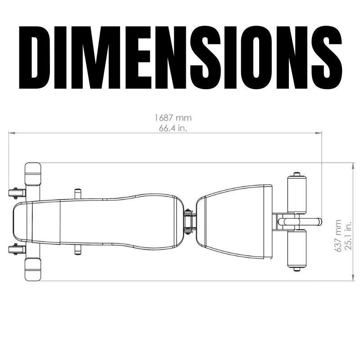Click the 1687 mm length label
tap(173, 118)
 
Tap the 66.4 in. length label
tap(173, 128)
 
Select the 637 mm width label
tap(338, 235)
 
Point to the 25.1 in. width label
tap(348, 235)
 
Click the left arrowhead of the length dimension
tap(12, 133)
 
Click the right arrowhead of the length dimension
tap(319, 133)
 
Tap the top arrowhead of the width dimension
tap(353, 166)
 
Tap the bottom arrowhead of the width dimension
tap(353, 277)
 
